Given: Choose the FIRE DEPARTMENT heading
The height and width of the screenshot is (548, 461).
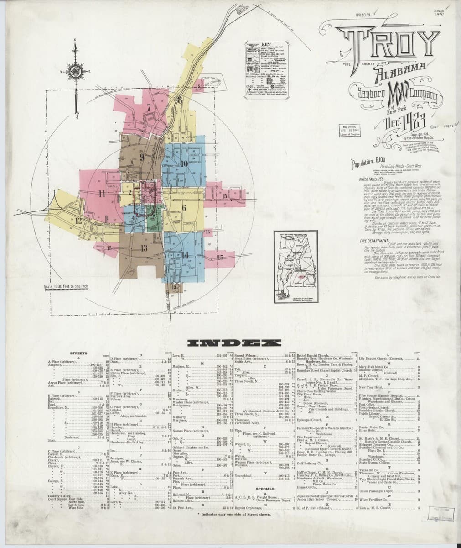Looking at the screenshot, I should point(372,241).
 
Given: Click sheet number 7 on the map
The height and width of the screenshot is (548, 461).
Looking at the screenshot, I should point(149,108).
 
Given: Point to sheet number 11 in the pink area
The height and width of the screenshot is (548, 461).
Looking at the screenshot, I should point(101,193).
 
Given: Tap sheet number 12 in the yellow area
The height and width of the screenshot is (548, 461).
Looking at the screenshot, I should point(79,220).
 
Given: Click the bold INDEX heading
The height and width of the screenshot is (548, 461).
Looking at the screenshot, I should point(231,343).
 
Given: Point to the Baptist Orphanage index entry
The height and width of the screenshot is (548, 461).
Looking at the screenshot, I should point(251,508).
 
